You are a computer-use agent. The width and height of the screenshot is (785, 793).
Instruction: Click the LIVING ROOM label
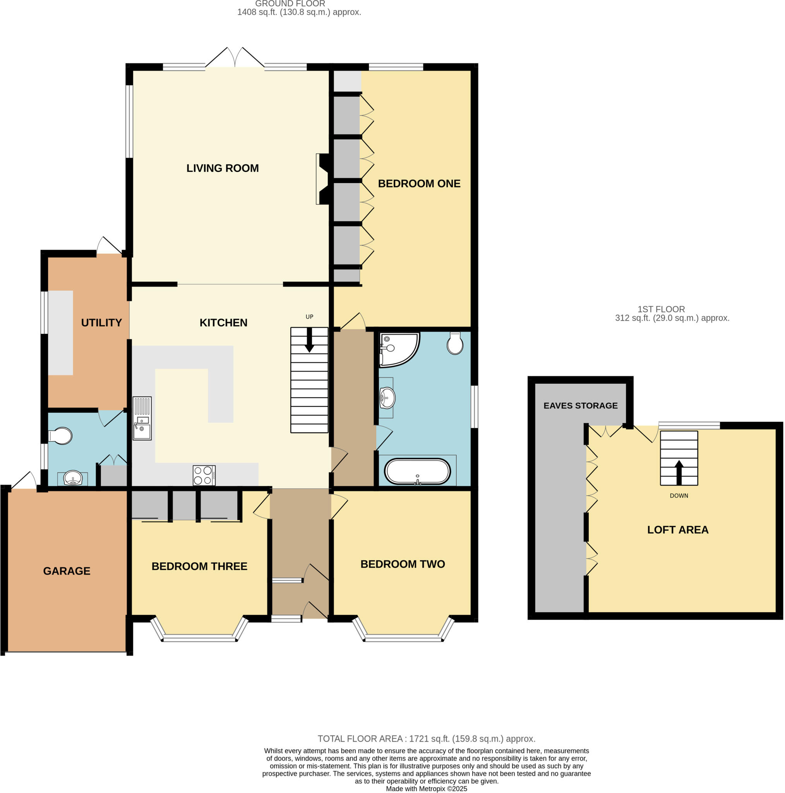223,168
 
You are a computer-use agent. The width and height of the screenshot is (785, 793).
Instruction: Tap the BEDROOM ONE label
419,184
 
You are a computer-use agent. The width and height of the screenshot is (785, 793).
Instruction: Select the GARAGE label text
67,571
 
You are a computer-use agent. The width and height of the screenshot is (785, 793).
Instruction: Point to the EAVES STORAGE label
580,405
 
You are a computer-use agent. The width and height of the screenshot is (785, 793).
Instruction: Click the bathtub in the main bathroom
417,471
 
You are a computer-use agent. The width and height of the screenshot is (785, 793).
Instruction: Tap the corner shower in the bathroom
398,348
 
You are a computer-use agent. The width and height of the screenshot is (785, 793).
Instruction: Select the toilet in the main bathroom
455,343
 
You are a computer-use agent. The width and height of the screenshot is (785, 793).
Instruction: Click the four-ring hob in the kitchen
204,475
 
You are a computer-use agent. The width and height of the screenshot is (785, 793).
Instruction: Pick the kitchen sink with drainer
142,418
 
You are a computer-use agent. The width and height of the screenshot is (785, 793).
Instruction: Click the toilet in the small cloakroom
61,436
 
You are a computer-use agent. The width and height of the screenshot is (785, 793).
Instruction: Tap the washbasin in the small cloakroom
73,478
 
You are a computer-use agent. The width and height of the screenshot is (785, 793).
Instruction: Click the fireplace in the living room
322,179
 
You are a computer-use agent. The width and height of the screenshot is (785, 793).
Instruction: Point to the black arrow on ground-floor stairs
309,340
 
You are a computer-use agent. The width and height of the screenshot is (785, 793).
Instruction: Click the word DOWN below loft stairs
679,496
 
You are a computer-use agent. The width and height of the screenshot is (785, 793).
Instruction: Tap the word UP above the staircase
309,316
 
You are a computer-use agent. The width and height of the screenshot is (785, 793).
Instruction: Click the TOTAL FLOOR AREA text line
426,739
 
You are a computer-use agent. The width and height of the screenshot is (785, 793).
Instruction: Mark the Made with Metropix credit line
426,789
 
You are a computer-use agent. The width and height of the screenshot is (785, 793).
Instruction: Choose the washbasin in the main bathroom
387,398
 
